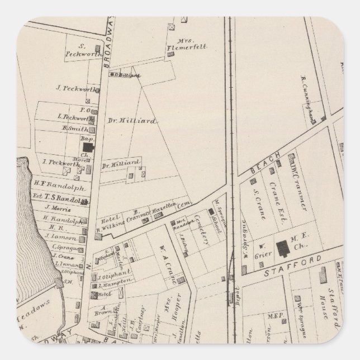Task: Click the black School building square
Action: click(x=211, y=212)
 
